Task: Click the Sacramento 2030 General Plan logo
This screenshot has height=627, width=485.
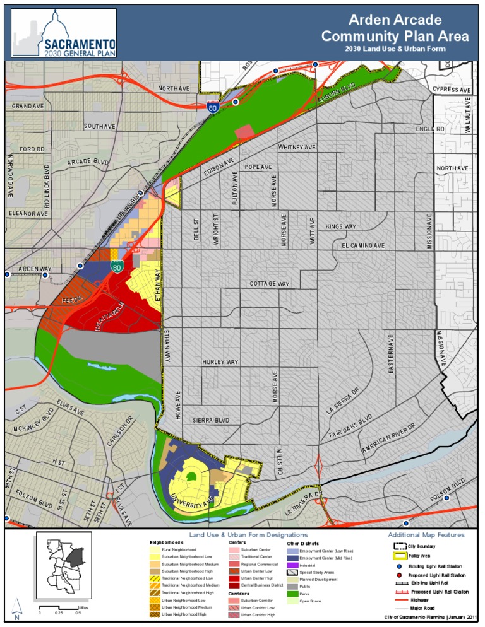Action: (x=63, y=33)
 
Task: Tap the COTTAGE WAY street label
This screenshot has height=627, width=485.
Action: (x=269, y=284)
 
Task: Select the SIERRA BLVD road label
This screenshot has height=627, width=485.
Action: (x=211, y=419)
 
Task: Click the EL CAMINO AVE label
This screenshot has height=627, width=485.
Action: (x=363, y=245)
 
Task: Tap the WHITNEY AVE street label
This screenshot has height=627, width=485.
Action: (x=297, y=147)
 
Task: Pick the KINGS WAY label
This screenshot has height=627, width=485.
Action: (x=341, y=226)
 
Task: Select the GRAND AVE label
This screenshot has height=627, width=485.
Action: (x=28, y=106)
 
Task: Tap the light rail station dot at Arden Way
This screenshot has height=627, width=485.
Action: (x=80, y=266)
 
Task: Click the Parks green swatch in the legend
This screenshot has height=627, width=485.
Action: (x=292, y=594)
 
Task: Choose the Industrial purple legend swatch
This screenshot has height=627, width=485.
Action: (x=292, y=566)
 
